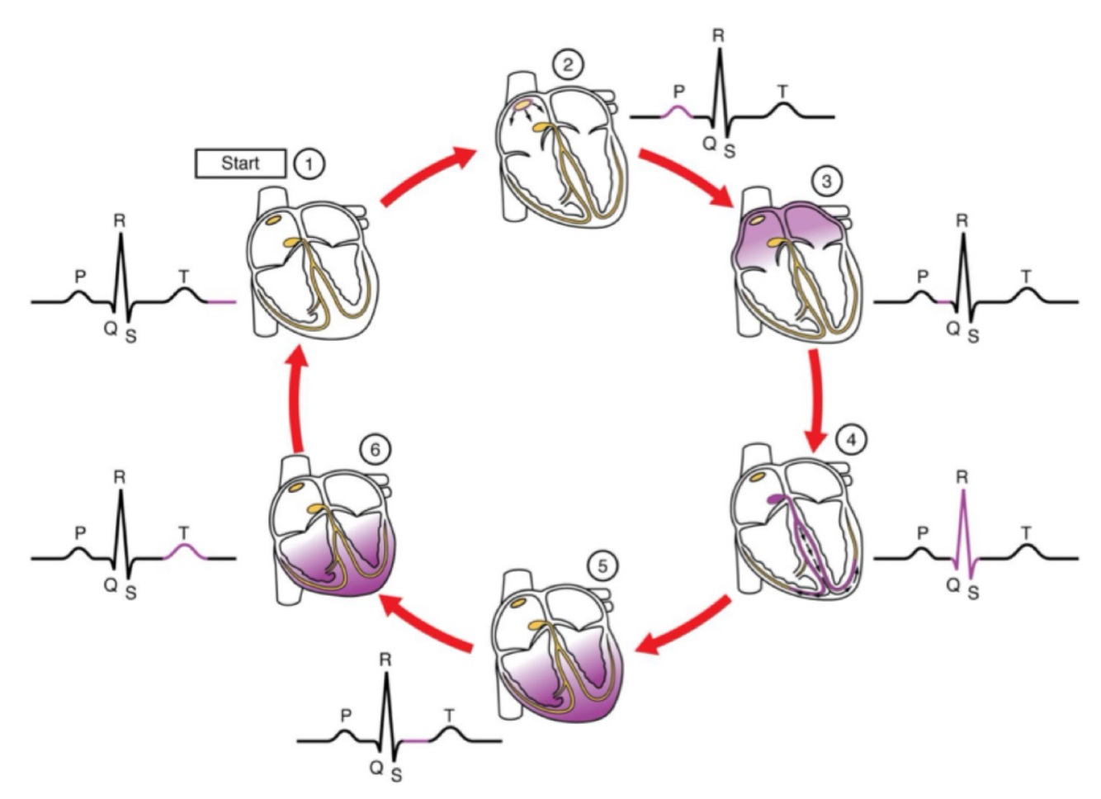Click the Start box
tap(240, 163)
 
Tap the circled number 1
tap(309, 163)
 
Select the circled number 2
tap(568, 64)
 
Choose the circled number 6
tap(376, 450)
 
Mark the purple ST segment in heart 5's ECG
tap(417, 741)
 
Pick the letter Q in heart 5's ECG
tap(376, 767)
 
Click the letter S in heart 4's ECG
tap(973, 593)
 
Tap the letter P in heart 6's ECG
tap(79, 533)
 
